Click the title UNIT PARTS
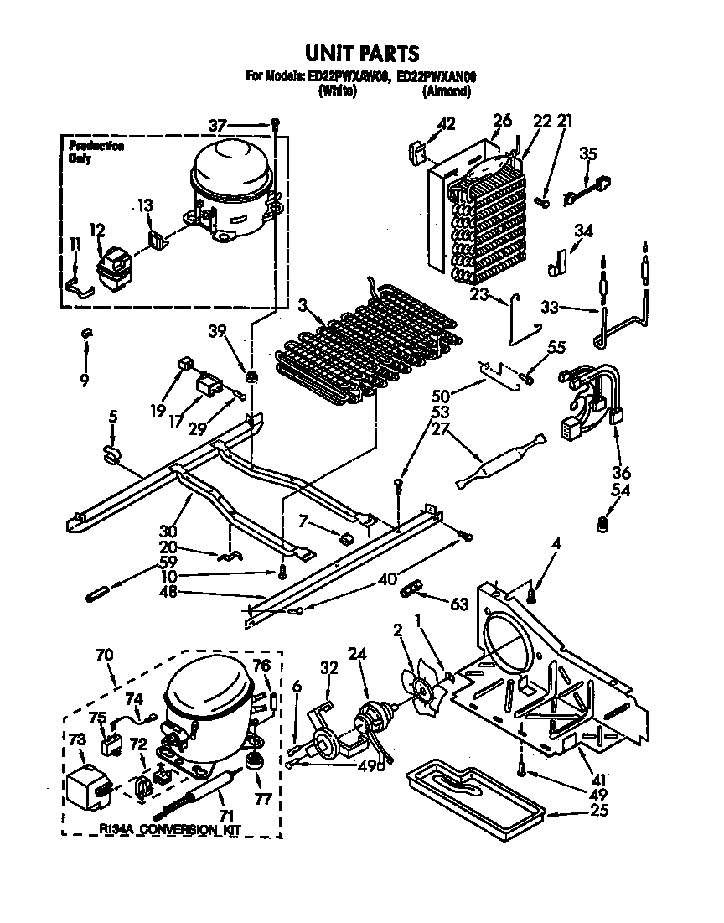(361, 54)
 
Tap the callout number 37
(217, 126)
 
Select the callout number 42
(447, 122)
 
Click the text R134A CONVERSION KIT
(168, 830)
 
